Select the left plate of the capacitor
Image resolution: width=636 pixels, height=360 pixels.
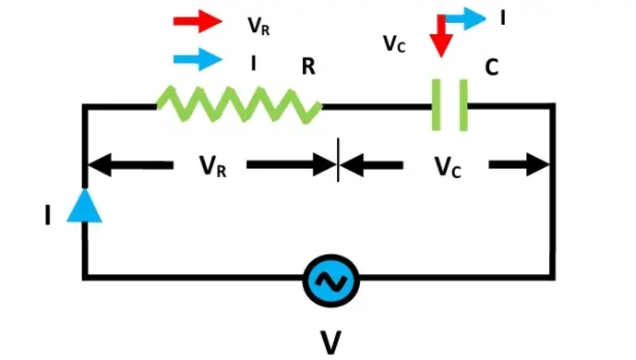click(435, 104)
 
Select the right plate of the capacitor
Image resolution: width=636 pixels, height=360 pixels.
click(465, 104)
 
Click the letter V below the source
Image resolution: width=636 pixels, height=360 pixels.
click(330, 341)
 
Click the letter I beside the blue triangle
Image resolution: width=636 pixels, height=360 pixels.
click(47, 216)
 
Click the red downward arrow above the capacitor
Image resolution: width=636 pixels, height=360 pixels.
click(441, 35)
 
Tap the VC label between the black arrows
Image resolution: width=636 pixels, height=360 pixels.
click(448, 167)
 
